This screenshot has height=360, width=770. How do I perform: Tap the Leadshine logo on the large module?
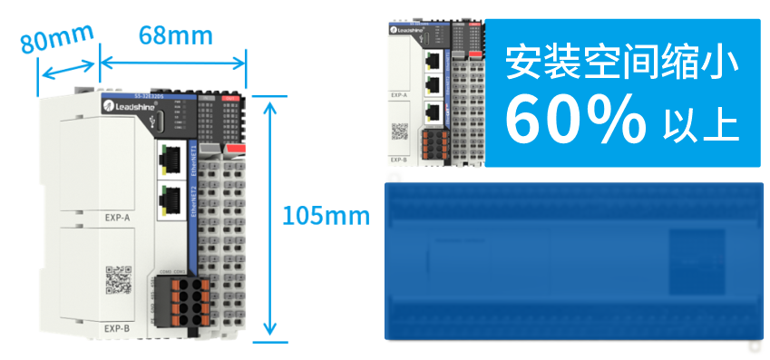coord(125,107)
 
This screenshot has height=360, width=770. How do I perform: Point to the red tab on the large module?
coord(234,147)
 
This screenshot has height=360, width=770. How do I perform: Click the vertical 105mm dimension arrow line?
coord(268,218)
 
